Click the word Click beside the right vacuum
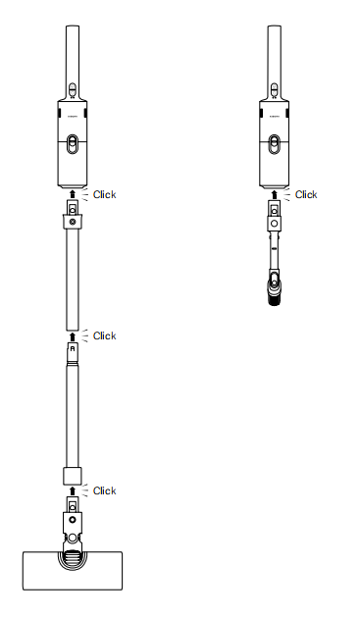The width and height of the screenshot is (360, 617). [306, 194]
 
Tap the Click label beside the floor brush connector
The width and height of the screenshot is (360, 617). [104, 490]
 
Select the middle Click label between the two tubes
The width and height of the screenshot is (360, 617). [104, 335]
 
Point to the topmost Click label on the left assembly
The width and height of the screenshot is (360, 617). [104, 194]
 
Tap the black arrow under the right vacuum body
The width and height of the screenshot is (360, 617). [275, 194]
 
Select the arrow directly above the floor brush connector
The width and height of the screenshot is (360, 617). [73, 490]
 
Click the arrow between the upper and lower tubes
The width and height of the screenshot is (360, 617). [73, 336]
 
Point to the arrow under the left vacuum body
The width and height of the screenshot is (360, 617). [73, 194]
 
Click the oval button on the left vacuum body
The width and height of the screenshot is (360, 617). [73, 144]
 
